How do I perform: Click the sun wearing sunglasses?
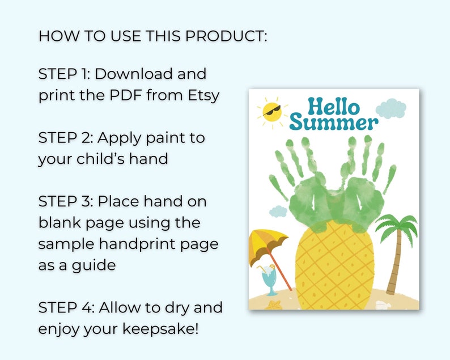(272, 111)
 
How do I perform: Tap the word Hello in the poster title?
(333, 107)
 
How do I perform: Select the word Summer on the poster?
(333, 122)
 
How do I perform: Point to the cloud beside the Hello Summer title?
(391, 108)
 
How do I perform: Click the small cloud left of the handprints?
(278, 211)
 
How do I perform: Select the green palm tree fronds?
(397, 227)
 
